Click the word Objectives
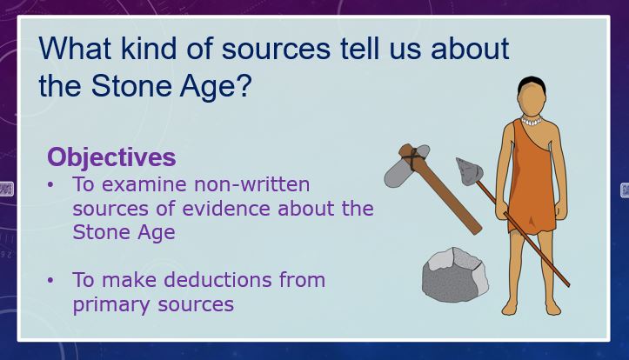pos(111,157)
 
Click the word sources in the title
pos(276,49)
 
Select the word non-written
pos(252,184)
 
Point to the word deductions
pos(217,279)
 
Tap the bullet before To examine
pos(50,185)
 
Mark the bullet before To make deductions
pos(50,280)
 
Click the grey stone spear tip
pos(469,171)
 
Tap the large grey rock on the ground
pos(455,275)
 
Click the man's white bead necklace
pos(531,121)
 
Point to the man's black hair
pos(532,83)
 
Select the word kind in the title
pos(149,49)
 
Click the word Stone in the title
pos(131,85)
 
